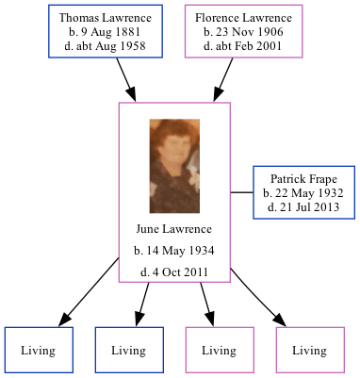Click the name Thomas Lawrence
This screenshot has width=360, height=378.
[x=102, y=18]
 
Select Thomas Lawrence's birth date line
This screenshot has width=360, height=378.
[x=102, y=32]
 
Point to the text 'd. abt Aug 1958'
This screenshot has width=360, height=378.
[x=102, y=46]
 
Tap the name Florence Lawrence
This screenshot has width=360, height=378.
[x=244, y=18]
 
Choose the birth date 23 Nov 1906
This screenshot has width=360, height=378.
[x=244, y=32]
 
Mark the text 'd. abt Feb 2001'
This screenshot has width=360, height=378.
[x=244, y=46]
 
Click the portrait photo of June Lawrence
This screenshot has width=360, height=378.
[x=174, y=165]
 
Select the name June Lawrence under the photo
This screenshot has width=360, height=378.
[x=174, y=229]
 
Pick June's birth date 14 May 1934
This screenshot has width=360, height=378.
[x=174, y=251]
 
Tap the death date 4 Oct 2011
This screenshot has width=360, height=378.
[x=174, y=272]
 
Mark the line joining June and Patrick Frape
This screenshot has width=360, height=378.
[x=241, y=193]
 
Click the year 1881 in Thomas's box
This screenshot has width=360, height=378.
[x=132, y=32]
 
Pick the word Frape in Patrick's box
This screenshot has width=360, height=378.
[x=324, y=178]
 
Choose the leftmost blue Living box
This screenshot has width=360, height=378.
[x=39, y=351]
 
